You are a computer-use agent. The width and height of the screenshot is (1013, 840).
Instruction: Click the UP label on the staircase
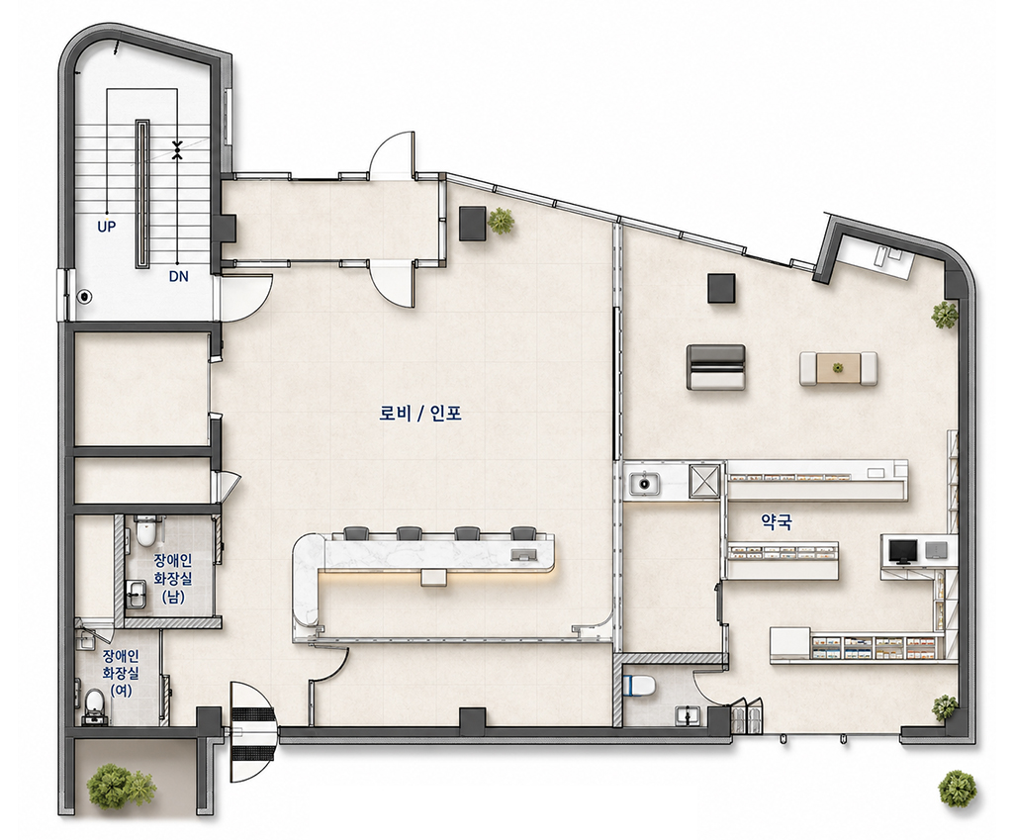coord(106,227)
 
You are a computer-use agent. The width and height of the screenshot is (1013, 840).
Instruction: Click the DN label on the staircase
coord(178,277)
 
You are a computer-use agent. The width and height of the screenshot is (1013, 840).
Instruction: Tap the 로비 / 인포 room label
coord(420,414)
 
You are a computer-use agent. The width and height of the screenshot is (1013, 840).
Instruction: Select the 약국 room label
coord(776,522)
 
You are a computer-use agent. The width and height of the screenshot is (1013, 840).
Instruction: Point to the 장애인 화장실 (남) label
coord(172,578)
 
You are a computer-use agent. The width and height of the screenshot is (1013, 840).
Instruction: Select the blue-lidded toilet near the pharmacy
coord(641,685)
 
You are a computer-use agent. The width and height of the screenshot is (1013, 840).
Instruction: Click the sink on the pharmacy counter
coord(643,482)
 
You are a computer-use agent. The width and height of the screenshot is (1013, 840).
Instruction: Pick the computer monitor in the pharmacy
coord(902,552)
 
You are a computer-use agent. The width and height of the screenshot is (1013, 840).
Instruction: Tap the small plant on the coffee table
coord(838,368)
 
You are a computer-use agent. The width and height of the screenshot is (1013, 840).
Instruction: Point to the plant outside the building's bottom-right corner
coord(958,789)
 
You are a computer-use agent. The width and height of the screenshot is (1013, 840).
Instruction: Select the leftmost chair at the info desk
coord(355,533)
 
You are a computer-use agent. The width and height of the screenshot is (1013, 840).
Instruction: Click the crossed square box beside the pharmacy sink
coord(704,480)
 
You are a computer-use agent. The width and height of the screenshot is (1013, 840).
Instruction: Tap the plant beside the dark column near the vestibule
coord(502,221)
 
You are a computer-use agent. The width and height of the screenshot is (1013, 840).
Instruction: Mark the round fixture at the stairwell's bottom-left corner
coord(85,297)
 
